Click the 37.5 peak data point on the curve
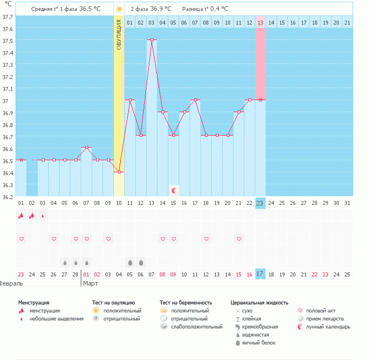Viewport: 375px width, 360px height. pos(152,40)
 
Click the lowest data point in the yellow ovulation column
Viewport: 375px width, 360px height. pos(119,172)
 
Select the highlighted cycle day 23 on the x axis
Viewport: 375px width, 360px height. pos(260,203)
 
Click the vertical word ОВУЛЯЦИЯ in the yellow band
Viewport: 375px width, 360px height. pos(119,35)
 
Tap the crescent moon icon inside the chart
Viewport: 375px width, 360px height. pos(174,190)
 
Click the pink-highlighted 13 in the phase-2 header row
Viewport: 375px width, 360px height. pos(260,22)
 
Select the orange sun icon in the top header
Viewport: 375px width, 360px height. pos(119,9)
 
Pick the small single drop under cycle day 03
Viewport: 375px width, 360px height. pos(42,216)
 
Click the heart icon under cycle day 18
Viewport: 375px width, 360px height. pos(206,238)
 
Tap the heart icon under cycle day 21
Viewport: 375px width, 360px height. pos(239,238)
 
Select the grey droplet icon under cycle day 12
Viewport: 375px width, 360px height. pos(141,263)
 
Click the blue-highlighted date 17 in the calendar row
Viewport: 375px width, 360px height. pos(260,275)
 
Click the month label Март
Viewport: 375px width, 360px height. pos(90,283)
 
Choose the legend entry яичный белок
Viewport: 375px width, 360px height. pos(259,343)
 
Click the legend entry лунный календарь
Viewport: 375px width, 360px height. pos(329,327)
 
